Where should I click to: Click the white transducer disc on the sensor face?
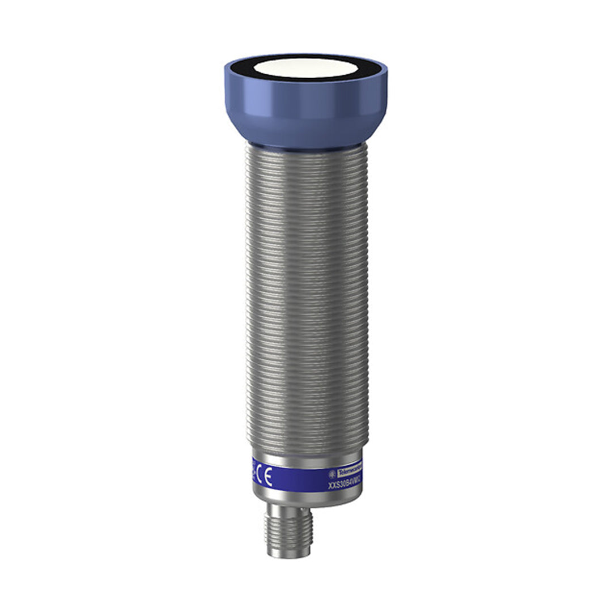(305, 68)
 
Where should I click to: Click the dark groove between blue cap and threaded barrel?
(306, 146)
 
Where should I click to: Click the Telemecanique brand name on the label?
(349, 473)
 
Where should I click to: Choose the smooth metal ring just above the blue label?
(306, 460)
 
